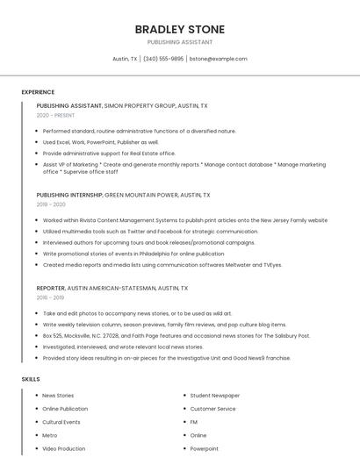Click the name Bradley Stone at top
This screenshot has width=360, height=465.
[180, 29]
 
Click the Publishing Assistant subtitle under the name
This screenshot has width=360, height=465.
[180, 42]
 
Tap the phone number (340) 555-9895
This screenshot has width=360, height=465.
[163, 59]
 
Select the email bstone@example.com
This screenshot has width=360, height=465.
[219, 59]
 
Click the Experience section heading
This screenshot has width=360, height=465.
[38, 92]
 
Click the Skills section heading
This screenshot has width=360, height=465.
[31, 379]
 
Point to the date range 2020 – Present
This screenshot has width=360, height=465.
[55, 115]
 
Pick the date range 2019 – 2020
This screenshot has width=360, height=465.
[51, 204]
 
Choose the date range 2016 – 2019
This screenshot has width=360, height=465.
[51, 297]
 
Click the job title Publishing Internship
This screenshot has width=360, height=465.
[69, 195]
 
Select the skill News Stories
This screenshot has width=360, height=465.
[58, 396]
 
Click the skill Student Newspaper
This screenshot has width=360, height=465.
[214, 396]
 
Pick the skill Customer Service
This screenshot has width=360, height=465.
[212, 409]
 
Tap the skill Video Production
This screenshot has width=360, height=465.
[64, 448]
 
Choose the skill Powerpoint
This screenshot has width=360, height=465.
[204, 448]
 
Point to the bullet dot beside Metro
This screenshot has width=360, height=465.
[36, 435]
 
